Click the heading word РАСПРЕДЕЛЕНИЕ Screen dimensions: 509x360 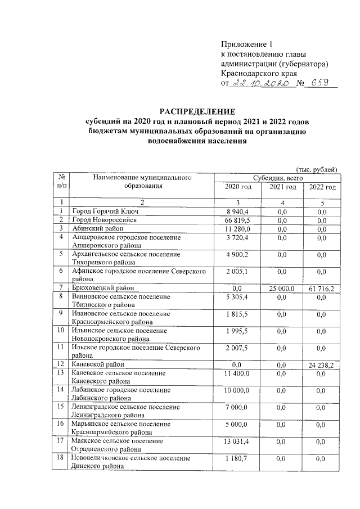pos(195,111)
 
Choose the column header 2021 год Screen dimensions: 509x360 pos(283,187)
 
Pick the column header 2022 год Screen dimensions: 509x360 pos(322,187)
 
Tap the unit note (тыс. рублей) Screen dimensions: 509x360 pos(316,168)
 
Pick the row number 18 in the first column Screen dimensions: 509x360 pos(60,459)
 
